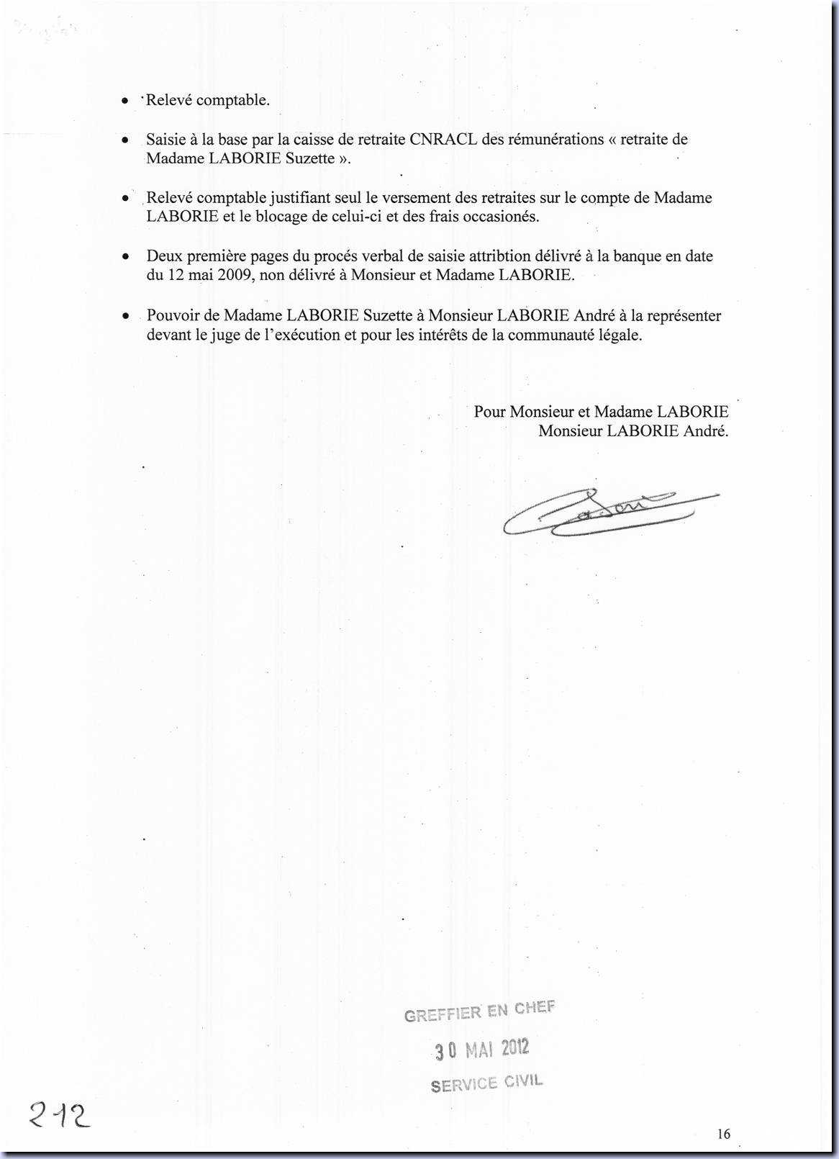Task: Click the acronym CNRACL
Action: [443, 140]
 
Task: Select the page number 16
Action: [723, 1134]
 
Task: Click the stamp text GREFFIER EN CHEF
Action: [479, 1011]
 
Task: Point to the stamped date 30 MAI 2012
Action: [482, 1050]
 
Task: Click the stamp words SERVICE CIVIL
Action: [486, 1083]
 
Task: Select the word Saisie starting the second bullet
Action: [166, 140]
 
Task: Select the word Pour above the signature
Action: [489, 412]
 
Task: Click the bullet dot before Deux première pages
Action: [126, 256]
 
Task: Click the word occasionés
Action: [501, 217]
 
